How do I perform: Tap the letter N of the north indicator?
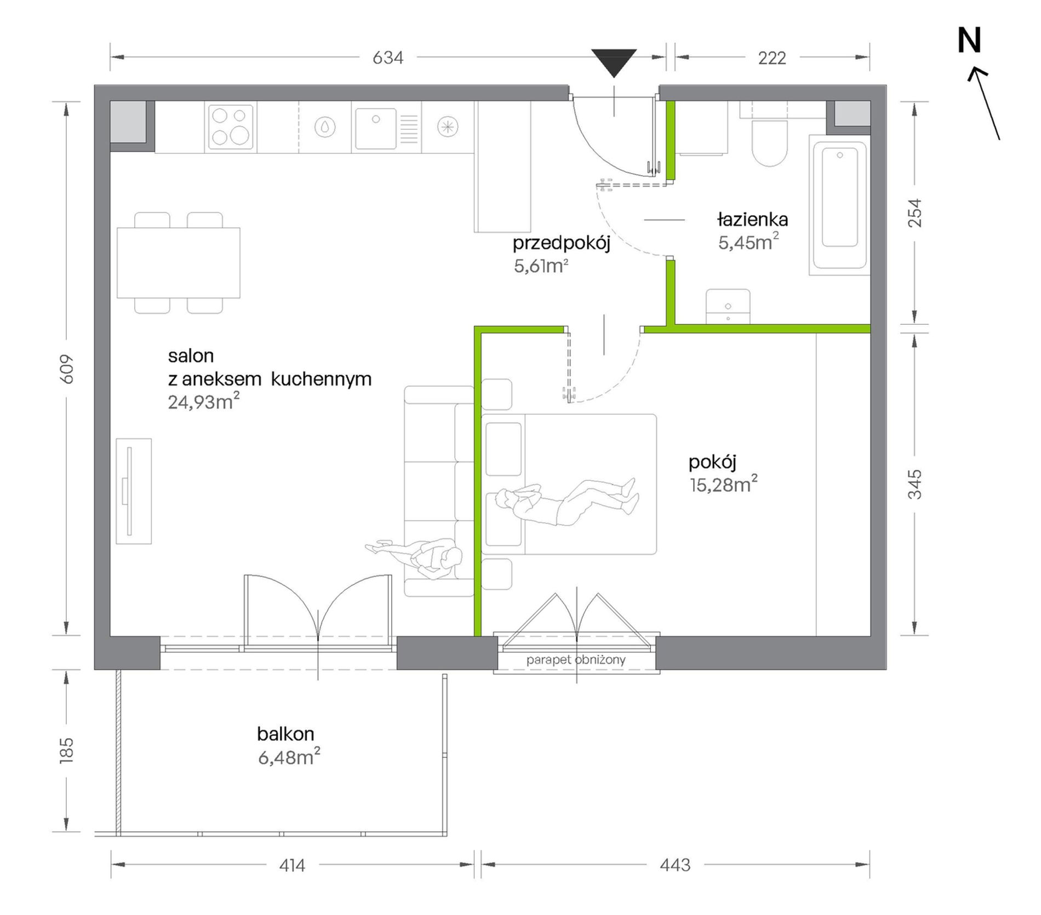pyautogui.click(x=969, y=41)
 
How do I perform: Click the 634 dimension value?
pyautogui.click(x=388, y=57)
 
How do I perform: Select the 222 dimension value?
pyautogui.click(x=772, y=57)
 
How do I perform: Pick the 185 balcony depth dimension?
pyautogui.click(x=66, y=750)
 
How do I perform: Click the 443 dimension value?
pyautogui.click(x=675, y=865)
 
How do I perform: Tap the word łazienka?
pyautogui.click(x=752, y=220)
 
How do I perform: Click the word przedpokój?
pyautogui.click(x=562, y=244)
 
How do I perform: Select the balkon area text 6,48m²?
pyautogui.click(x=289, y=757)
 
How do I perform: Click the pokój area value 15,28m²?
pyautogui.click(x=724, y=485)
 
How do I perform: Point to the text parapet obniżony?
pyautogui.click(x=576, y=660)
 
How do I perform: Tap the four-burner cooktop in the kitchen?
pyautogui.click(x=231, y=126)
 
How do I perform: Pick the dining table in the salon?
pyautogui.click(x=179, y=263)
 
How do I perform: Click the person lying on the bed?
pyautogui.click(x=567, y=502)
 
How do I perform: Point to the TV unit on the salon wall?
pyautogui.click(x=134, y=491)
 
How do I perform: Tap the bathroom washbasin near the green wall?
pyautogui.click(x=728, y=307)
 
